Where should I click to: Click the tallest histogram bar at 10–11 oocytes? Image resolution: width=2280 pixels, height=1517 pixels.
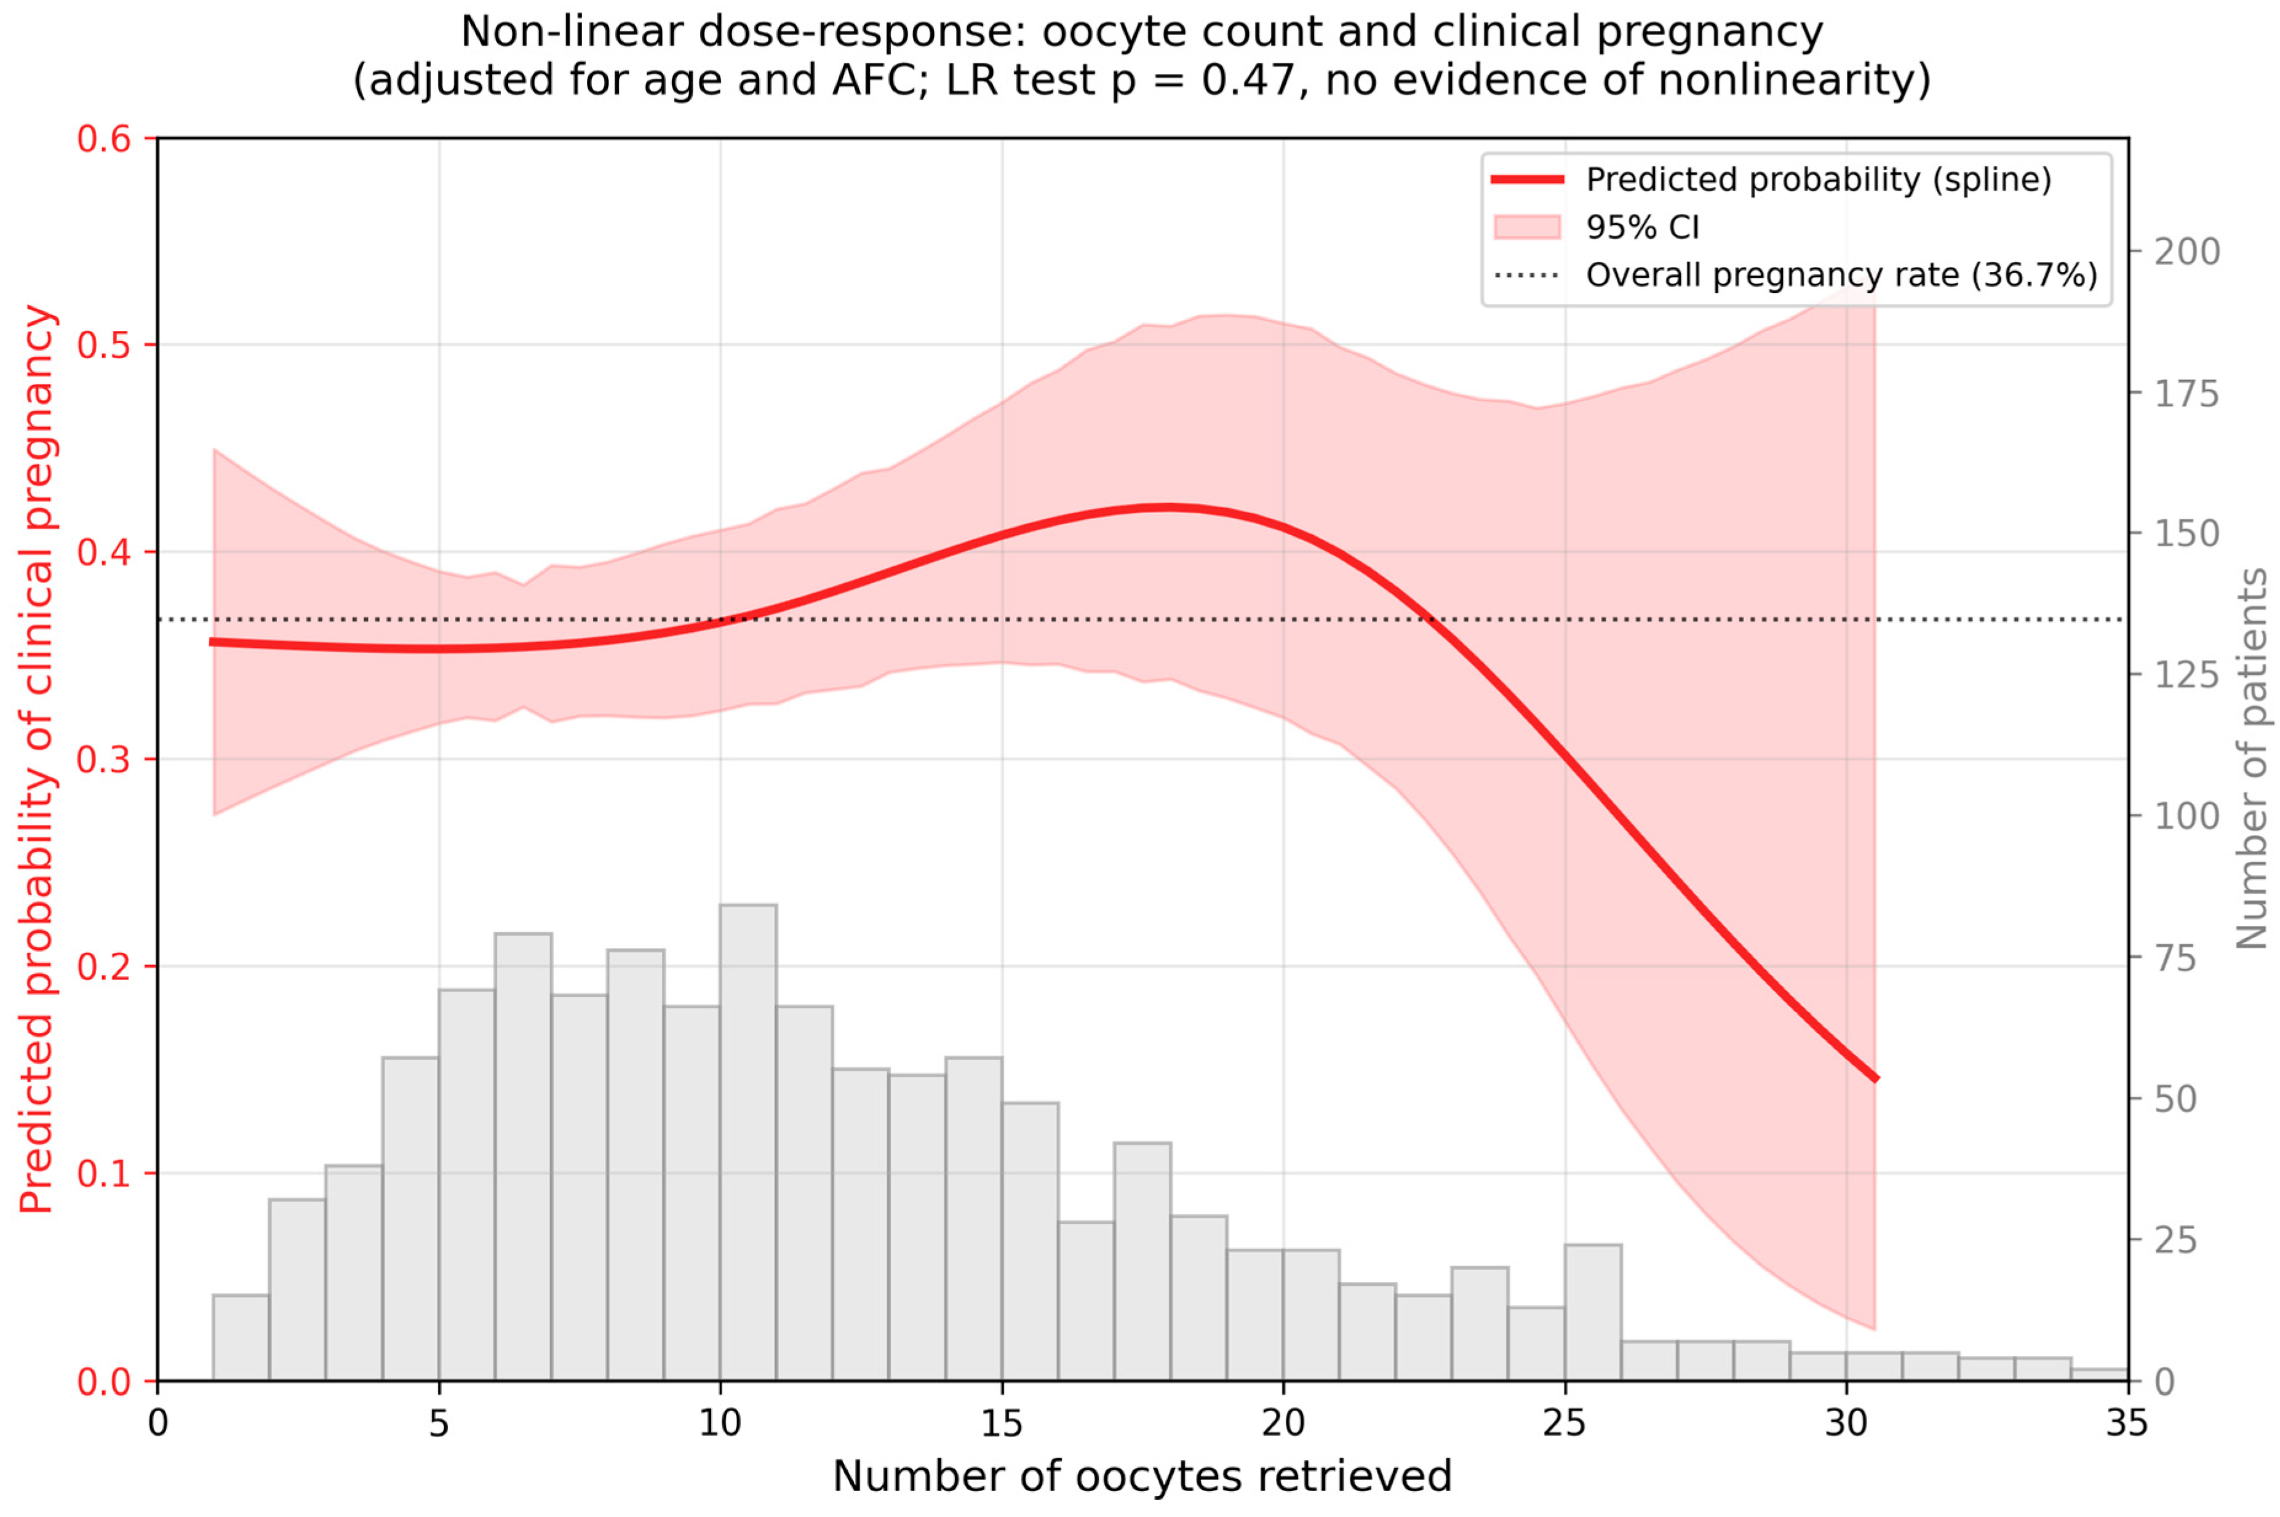[x=747, y=1142]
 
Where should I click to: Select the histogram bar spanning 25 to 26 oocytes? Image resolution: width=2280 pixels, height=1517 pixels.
[x=1592, y=1312]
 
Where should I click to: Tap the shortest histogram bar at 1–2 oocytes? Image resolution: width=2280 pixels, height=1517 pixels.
[x=241, y=1337]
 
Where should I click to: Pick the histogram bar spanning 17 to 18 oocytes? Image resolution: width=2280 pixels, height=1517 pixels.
[x=1142, y=1262]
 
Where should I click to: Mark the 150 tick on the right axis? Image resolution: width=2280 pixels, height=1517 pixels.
[x=2134, y=533]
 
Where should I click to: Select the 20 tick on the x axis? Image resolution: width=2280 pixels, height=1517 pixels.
[x=1283, y=1387]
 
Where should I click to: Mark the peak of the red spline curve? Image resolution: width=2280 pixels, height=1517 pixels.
[x=1168, y=507]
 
